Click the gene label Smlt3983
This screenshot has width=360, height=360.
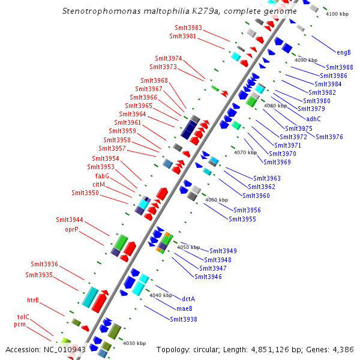[x=188, y=28]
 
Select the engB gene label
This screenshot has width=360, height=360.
[x=344, y=52]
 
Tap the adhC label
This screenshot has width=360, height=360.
[x=314, y=119]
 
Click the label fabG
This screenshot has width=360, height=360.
[x=102, y=176]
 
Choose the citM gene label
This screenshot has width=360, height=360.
[x=99, y=184]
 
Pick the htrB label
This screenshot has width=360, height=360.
[x=32, y=300]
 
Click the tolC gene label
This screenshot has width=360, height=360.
[x=23, y=316]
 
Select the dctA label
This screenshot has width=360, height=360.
[x=188, y=299]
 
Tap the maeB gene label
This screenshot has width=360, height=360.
[x=184, y=308]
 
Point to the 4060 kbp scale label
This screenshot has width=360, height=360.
[x=217, y=200]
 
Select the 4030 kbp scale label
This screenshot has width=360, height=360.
[x=134, y=344]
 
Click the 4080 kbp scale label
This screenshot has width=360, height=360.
[x=275, y=106]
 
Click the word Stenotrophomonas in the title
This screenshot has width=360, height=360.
[x=96, y=11]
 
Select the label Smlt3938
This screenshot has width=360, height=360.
[x=183, y=319]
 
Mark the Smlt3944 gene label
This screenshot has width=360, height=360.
[x=70, y=220]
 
